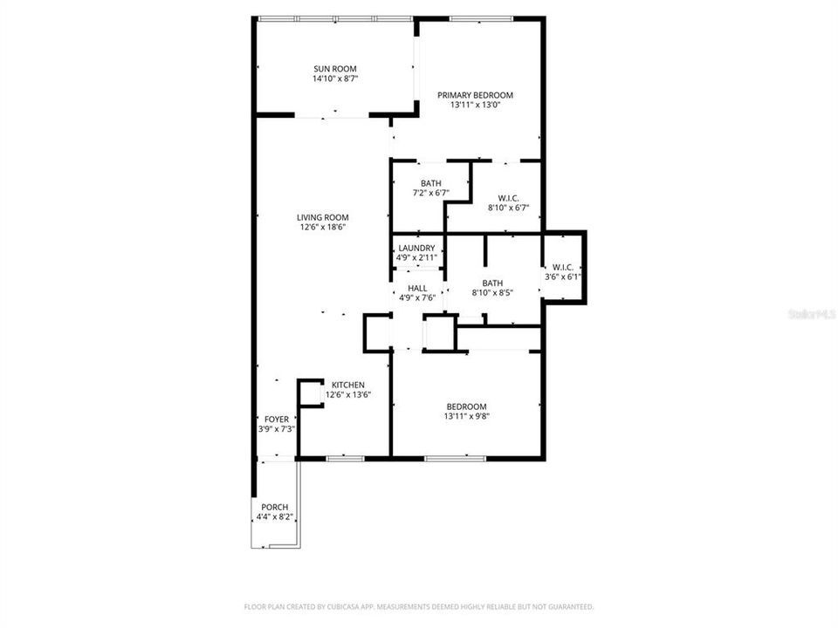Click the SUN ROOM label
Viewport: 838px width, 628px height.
(335, 68)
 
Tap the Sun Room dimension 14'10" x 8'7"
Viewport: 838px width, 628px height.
(335, 78)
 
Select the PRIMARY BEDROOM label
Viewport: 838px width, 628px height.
(475, 95)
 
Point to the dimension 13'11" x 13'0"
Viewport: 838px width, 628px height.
(475, 106)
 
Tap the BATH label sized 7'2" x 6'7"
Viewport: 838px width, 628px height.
(430, 183)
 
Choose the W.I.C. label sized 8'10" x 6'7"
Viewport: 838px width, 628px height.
(509, 197)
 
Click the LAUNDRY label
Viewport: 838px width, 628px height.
(416, 249)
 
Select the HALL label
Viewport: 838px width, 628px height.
(416, 288)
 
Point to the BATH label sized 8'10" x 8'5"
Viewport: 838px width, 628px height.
(492, 283)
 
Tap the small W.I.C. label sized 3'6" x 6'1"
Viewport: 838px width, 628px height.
(563, 267)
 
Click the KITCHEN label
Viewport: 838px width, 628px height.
(347, 385)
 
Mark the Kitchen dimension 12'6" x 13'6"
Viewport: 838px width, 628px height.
(347, 395)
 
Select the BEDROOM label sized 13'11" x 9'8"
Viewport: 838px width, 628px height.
(466, 406)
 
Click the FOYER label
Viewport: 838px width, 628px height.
(276, 420)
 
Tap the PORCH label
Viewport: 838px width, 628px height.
(274, 507)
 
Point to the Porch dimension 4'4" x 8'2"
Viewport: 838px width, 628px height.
(274, 517)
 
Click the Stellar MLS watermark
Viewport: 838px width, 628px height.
(811, 312)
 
